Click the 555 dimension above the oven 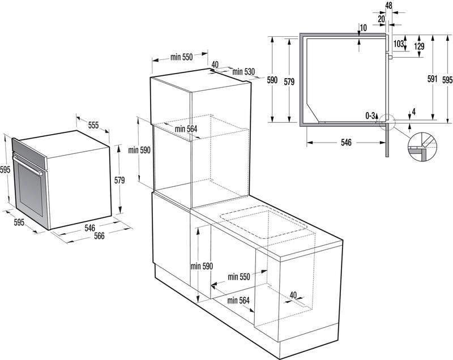[93, 125]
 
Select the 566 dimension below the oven [99, 236]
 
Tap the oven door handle [28, 168]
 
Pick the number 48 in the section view [388, 6]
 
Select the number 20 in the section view [382, 19]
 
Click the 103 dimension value [399, 44]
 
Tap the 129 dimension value [418, 46]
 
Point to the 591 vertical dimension [433, 80]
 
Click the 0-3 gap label [370, 115]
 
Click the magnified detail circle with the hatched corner [422, 147]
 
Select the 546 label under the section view [347, 143]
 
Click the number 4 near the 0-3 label [414, 112]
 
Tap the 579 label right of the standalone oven [119, 181]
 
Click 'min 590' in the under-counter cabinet [201, 266]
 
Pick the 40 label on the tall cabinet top [215, 65]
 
